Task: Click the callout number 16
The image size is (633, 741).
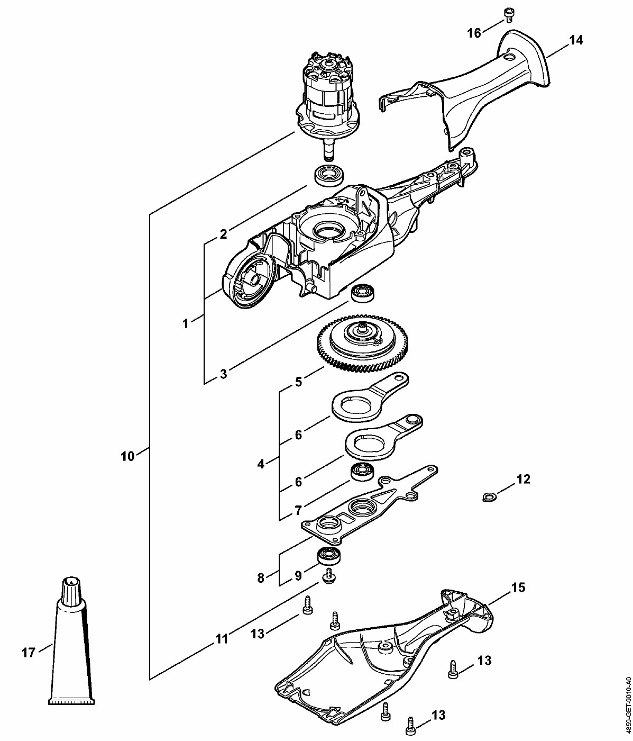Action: [x=474, y=33]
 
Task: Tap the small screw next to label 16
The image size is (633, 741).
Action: [x=509, y=15]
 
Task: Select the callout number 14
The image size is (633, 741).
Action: [x=576, y=40]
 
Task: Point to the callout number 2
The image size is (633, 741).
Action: [x=223, y=234]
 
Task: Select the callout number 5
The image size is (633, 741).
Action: [x=298, y=382]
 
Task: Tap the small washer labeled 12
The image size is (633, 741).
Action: [x=489, y=497]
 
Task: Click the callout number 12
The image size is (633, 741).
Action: [x=523, y=479]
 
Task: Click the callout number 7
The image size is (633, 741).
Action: [x=298, y=510]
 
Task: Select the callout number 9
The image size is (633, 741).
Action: [x=298, y=575]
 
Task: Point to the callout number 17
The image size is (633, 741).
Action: [x=29, y=652]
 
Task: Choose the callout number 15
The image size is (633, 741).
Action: [x=518, y=588]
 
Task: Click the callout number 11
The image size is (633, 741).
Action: [x=222, y=638]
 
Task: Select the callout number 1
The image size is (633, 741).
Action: [x=185, y=324]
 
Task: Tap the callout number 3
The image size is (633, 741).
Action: [x=223, y=374]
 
